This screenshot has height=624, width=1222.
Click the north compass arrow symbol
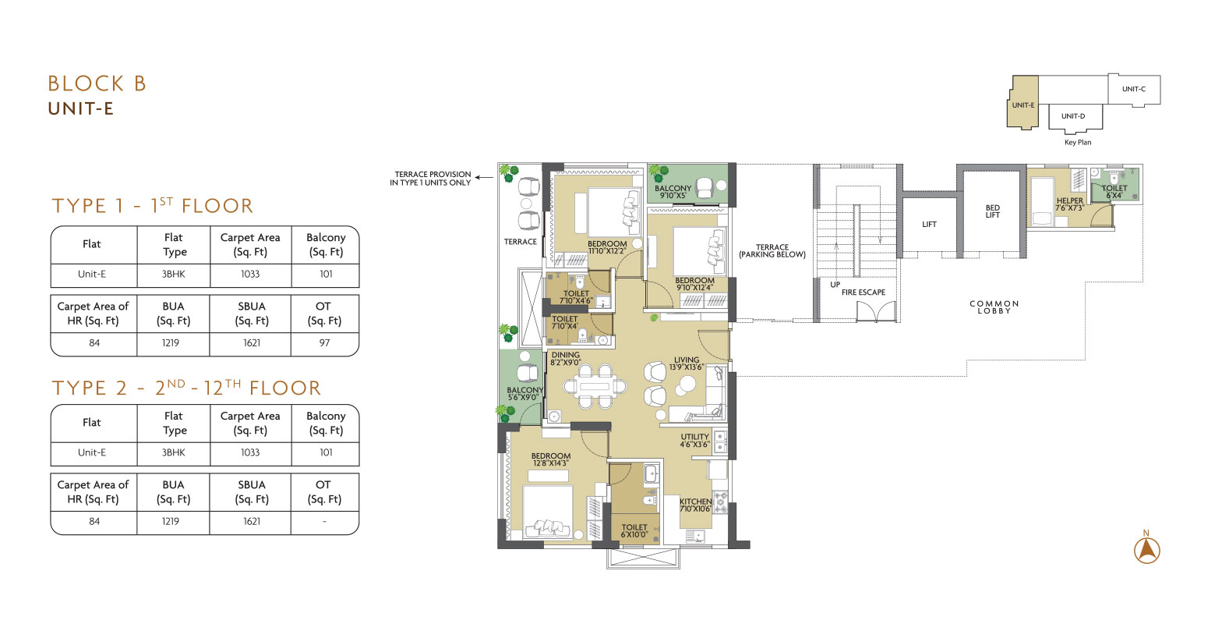(1146, 550)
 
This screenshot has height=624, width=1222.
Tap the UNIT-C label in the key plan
(1134, 89)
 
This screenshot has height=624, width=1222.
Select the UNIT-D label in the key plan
(1073, 115)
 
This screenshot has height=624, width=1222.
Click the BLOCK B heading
(97, 83)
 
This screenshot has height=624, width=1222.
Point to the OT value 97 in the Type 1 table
(324, 343)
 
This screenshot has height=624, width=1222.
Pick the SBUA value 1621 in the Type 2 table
(252, 521)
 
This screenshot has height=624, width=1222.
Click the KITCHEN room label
(695, 502)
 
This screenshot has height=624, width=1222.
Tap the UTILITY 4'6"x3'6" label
(695, 441)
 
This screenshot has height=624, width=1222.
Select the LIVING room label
(687, 360)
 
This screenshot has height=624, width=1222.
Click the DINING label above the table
(565, 355)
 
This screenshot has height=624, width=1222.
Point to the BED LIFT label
(992, 211)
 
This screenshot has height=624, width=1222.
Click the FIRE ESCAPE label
(863, 292)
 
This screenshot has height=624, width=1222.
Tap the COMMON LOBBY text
(994, 307)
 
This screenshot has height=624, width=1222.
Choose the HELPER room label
(1070, 200)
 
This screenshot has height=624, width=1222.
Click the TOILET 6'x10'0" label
(634, 530)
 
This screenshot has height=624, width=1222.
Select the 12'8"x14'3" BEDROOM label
(551, 459)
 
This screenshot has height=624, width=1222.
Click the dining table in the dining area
(595, 387)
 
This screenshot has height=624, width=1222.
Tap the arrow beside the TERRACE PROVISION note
(483, 177)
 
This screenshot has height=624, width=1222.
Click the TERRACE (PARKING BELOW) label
(772, 250)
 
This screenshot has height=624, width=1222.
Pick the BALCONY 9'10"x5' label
(673, 192)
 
